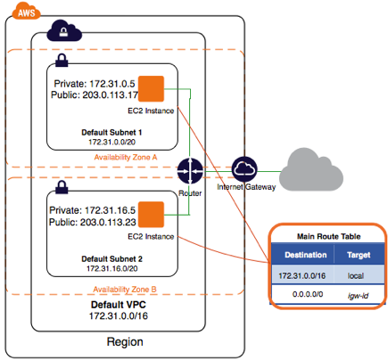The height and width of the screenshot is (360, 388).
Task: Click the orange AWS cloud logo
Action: click(26, 11)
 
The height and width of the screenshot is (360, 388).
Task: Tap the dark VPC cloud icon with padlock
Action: click(64, 30)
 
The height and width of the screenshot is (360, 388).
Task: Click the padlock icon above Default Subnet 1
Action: click(62, 60)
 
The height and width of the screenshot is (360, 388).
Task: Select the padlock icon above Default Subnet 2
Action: click(62, 187)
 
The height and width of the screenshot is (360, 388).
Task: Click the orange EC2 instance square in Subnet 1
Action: click(151, 88)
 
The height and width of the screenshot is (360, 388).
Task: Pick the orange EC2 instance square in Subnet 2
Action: click(151, 215)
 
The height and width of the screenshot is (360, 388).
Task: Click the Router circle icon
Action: click(190, 171)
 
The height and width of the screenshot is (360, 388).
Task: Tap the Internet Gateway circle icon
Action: click(244, 169)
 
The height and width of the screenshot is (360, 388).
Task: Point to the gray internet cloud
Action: click(311, 170)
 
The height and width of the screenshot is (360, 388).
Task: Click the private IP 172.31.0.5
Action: click(112, 84)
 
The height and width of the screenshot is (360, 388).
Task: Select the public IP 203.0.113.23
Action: click(108, 222)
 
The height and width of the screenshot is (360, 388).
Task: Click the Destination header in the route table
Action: click(306, 255)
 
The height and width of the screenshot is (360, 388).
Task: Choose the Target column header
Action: click(359, 255)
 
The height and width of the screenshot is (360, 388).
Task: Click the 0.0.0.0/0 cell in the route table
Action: click(308, 294)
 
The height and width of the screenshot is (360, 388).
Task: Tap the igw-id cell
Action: click(358, 296)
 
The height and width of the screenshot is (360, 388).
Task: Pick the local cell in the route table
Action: click(356, 275)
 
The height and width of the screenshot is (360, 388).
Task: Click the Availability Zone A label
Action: click(126, 157)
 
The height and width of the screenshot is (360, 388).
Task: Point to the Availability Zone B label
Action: click(125, 289)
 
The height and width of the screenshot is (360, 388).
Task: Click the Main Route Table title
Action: click(329, 236)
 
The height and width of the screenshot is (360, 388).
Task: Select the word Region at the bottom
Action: click(125, 341)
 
